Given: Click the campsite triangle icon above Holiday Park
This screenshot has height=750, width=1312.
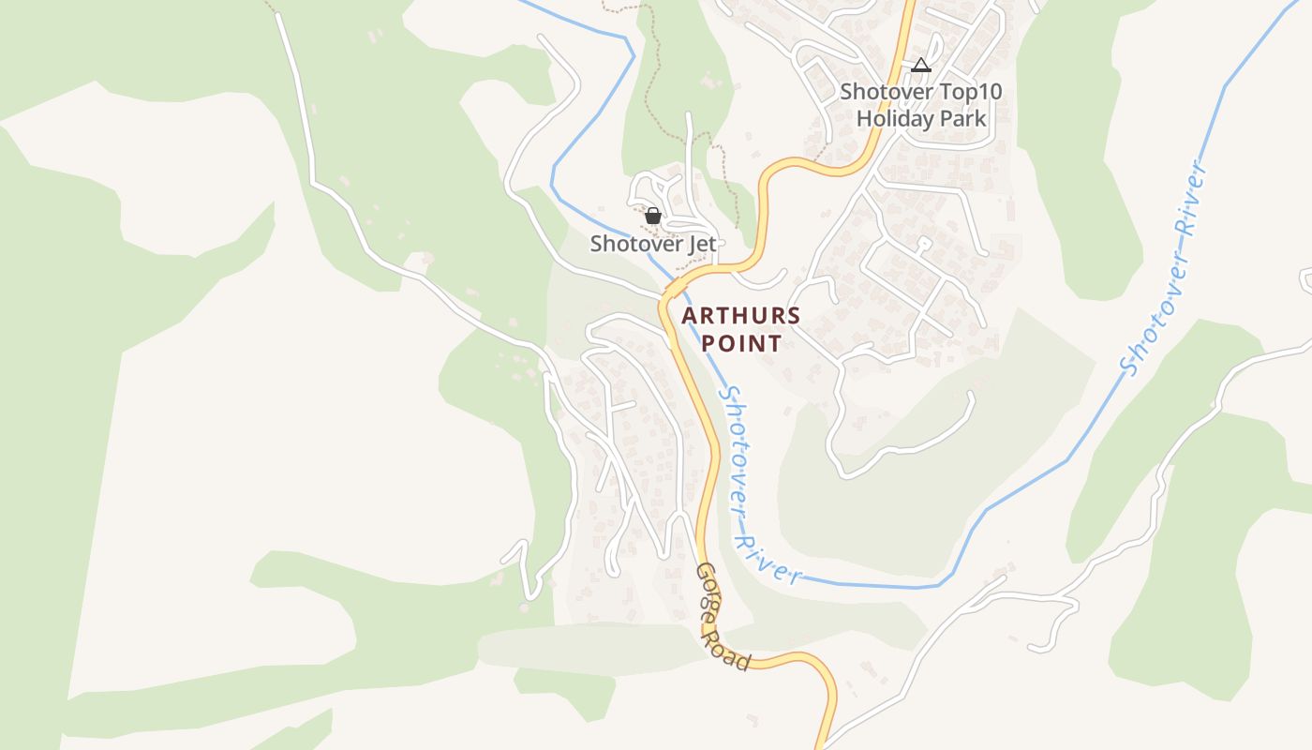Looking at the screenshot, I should (921, 66).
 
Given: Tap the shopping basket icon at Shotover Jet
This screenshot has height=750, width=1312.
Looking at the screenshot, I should (653, 216).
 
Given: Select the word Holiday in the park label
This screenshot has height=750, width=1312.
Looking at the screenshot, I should (895, 119).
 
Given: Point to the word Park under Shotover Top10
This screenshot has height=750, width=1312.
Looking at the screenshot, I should (964, 119).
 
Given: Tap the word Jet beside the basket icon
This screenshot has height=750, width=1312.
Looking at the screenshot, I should (702, 244).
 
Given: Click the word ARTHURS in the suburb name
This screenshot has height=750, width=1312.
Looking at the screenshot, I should (741, 315).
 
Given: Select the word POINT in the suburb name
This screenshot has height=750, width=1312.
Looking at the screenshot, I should (741, 343).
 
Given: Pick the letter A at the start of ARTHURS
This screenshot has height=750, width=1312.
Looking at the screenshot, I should (689, 315).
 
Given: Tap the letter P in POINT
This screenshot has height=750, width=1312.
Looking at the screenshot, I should (709, 343).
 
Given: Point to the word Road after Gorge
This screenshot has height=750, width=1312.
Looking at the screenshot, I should (736, 645).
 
